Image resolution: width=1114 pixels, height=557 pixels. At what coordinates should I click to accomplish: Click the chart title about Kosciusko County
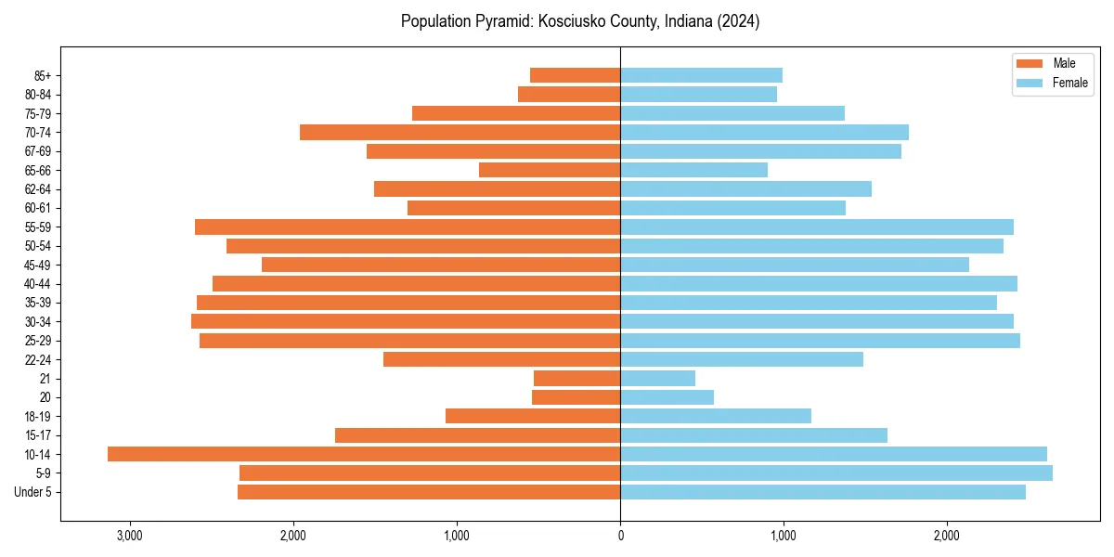click(580, 21)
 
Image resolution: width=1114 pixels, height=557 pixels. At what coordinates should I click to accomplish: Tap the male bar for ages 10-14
click(364, 454)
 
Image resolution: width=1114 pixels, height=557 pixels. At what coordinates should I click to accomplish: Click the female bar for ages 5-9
click(835, 473)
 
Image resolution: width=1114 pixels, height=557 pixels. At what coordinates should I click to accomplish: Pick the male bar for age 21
click(576, 378)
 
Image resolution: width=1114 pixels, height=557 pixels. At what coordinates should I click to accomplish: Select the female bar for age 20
click(667, 397)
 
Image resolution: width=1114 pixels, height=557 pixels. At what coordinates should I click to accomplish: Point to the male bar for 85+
click(575, 75)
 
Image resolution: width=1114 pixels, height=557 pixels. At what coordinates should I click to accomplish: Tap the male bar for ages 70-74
click(460, 132)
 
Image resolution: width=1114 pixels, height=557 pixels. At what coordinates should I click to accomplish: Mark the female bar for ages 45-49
click(794, 265)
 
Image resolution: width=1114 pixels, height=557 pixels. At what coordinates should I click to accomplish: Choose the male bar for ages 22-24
click(501, 359)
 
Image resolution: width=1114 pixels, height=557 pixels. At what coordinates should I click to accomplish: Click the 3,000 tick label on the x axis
click(129, 536)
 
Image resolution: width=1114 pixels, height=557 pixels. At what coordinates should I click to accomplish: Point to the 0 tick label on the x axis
click(620, 536)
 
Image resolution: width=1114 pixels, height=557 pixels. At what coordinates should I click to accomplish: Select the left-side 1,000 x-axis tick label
click(457, 536)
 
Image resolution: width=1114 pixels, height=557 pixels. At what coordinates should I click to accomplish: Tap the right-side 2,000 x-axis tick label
click(947, 536)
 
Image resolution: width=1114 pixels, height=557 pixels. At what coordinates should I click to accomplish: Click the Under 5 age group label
click(33, 492)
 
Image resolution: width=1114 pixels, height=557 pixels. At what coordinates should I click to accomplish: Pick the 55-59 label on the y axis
click(38, 227)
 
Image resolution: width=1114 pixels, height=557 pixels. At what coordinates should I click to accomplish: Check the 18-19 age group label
click(38, 416)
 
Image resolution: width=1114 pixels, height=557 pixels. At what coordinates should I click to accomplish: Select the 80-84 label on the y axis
click(38, 94)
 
